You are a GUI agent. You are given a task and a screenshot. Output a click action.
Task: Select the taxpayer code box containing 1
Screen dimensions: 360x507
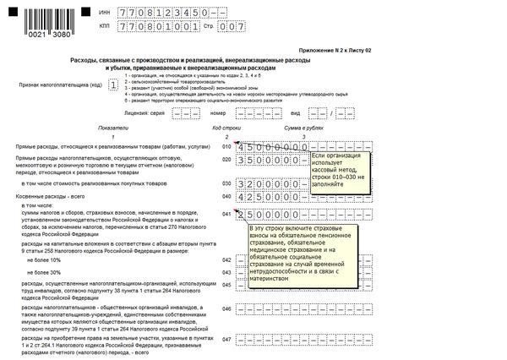(112, 85)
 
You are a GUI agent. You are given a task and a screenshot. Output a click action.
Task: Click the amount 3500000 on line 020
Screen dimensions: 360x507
(271, 160)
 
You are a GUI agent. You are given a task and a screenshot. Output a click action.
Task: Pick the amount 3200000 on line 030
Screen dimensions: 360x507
(271, 183)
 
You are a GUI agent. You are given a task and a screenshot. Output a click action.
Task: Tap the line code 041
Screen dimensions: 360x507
(226, 214)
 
